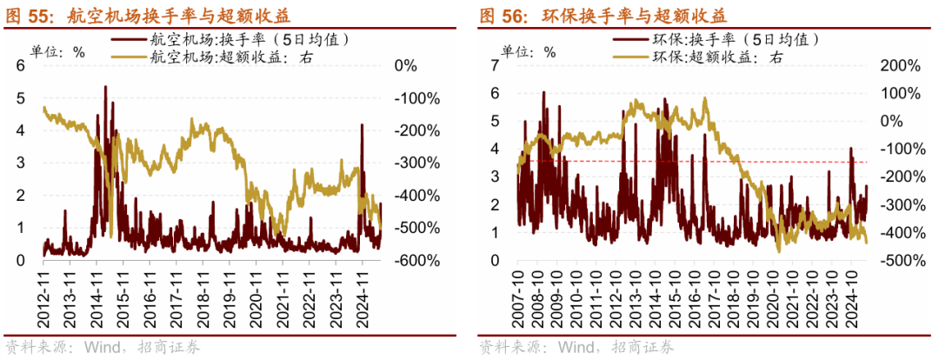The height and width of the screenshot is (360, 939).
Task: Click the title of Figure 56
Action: click(x=603, y=16)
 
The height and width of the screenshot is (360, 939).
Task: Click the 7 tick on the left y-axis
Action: click(x=495, y=65)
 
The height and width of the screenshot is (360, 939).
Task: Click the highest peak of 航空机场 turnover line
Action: click(x=105, y=87)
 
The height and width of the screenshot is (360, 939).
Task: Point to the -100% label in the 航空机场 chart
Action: click(x=415, y=98)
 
